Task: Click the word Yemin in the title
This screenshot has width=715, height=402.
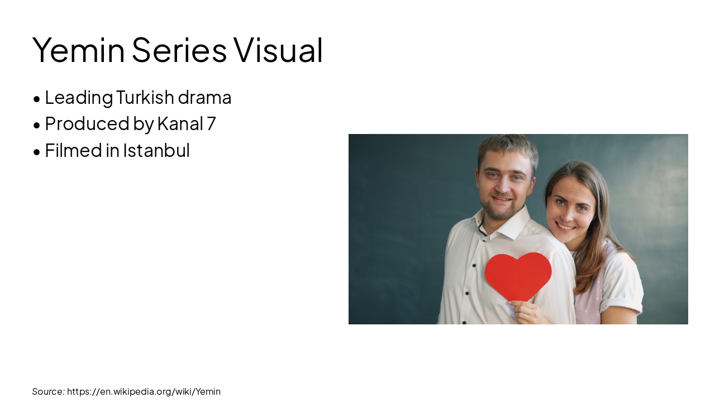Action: (78, 50)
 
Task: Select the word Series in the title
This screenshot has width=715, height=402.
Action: (179, 50)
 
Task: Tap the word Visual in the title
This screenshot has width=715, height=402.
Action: (278, 50)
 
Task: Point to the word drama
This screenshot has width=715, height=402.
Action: (204, 97)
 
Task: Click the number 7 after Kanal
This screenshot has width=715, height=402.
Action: (211, 123)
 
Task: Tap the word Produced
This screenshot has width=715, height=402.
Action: (87, 123)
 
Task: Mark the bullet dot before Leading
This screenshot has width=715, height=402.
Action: (37, 99)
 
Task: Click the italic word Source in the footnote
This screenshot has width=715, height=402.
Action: (48, 391)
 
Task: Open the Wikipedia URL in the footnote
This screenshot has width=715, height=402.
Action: (144, 391)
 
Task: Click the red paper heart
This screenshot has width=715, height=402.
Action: (518, 276)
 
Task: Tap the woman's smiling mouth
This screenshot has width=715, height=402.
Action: (566, 227)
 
